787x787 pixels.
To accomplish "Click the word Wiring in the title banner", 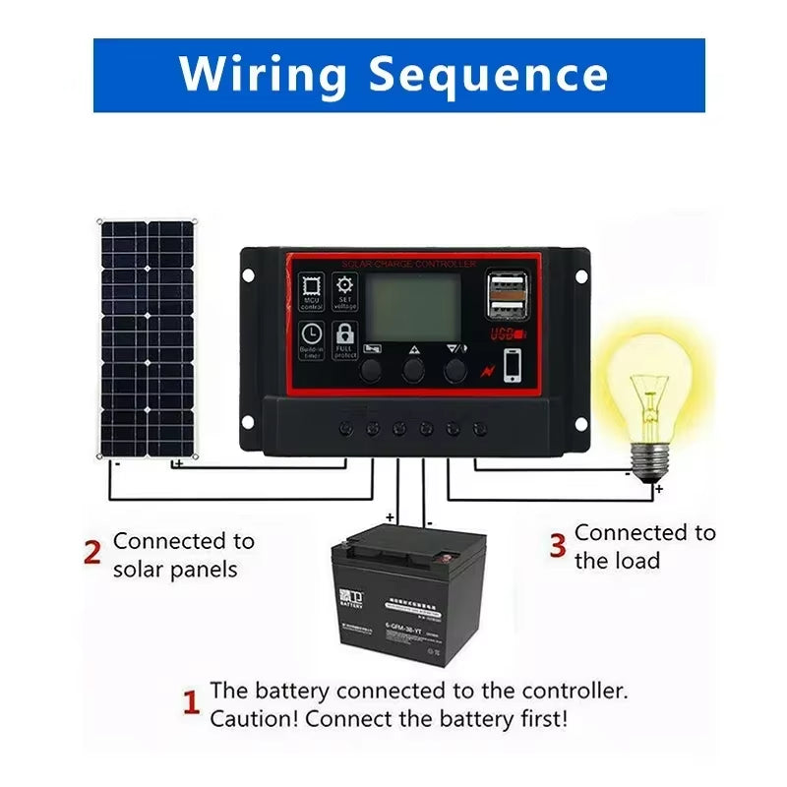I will (262, 74).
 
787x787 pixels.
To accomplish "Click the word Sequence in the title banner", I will (488, 76).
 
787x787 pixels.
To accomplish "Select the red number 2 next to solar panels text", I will (92, 553).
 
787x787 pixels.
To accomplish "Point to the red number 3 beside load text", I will (558, 544).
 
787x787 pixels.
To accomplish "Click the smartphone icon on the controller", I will (514, 366).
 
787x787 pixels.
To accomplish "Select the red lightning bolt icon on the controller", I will (485, 370).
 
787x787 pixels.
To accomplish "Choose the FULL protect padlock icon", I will (345, 338).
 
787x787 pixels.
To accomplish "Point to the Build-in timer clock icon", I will (312, 338).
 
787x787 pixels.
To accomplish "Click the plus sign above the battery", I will (390, 516).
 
